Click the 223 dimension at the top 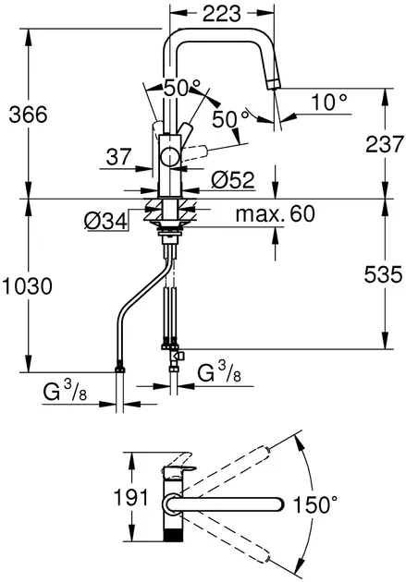[x=222, y=14]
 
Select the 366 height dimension [x=29, y=115]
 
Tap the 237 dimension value [x=385, y=144]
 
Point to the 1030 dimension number [x=27, y=286]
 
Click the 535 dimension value [x=383, y=274]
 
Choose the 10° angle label [x=329, y=102]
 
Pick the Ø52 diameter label [x=233, y=180]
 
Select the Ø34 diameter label [x=105, y=222]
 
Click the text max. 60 [x=276, y=213]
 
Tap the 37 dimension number [x=119, y=157]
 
